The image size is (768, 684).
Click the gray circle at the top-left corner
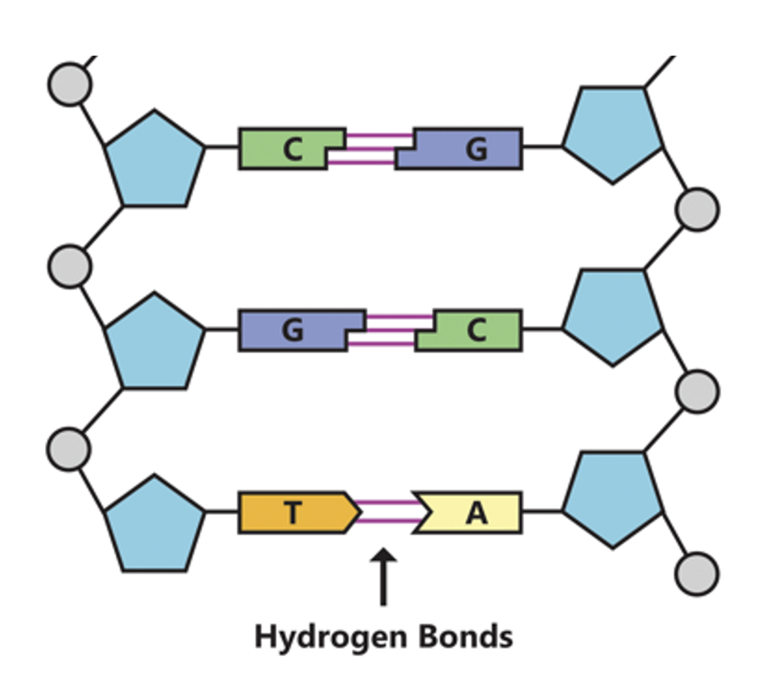click(70, 84)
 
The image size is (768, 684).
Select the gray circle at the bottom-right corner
click(697, 573)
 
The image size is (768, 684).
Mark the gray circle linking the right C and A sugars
click(697, 392)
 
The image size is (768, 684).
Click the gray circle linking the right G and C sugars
click(697, 209)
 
